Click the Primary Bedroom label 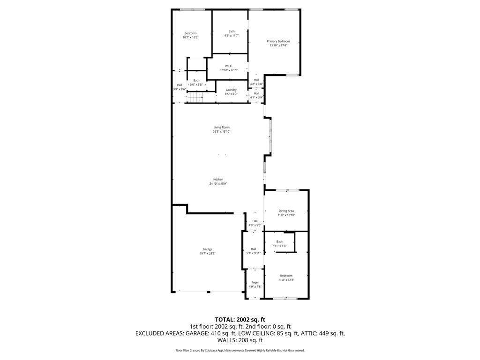coord(278,41)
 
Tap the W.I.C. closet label coord(229,66)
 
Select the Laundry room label coord(231,90)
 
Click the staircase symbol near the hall coord(195,97)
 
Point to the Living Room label coord(221,127)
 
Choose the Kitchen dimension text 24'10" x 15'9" coord(218,184)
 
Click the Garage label coord(207,249)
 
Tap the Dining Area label coord(286,211)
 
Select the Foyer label coord(255,283)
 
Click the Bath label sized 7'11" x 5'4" coord(279,242)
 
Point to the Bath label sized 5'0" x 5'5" coord(196,81)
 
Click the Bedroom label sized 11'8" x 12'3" coord(286,276)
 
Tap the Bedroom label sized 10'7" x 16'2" coord(190,33)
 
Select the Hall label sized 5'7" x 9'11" coord(253,249)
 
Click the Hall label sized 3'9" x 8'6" coord(179,85)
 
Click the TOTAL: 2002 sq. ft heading coord(240,319)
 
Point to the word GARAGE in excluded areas coord(196,333)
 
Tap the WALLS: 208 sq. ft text coord(240,340)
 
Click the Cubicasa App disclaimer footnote coord(240,350)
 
